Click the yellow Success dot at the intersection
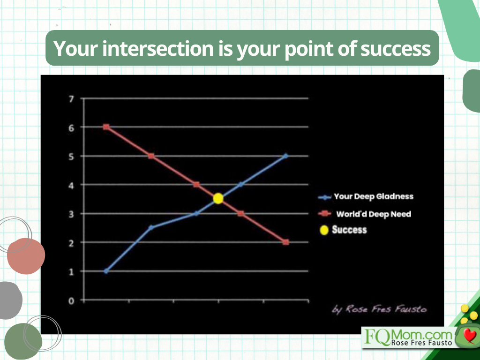[x=218, y=198]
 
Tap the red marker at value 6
[x=106, y=127]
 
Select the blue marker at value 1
[x=106, y=271]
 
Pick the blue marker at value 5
[x=285, y=156]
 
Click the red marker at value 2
[x=286, y=242]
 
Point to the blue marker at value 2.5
[x=151, y=227]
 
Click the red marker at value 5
[x=151, y=156]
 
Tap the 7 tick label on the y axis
[x=71, y=99]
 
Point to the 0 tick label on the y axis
[x=71, y=301]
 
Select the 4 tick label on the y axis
[x=71, y=185]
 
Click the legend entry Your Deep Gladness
[x=366, y=196]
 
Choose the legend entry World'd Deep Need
[x=365, y=214]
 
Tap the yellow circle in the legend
[x=324, y=230]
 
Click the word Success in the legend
[x=349, y=230]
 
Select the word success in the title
[x=396, y=49]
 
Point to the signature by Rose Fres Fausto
[x=379, y=309]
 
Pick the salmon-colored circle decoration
[x=26, y=256]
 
